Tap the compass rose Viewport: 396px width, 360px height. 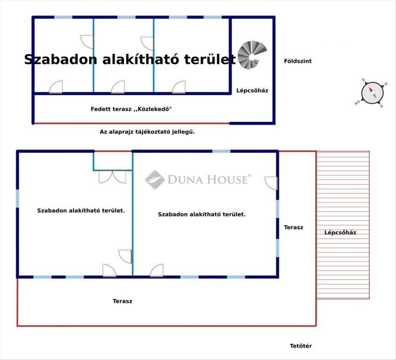[372, 93]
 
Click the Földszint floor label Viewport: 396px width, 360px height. [298, 61]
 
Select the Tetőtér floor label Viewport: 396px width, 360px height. [301, 346]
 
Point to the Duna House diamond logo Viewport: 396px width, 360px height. [155, 180]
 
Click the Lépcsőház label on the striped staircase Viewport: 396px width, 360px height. [340, 233]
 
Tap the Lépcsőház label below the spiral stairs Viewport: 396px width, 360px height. [252, 90]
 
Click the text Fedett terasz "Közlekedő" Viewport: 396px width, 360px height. [131, 109]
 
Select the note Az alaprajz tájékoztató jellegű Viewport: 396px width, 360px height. [147, 132]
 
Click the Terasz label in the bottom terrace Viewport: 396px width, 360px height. [122, 301]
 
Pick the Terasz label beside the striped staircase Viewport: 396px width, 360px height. [293, 228]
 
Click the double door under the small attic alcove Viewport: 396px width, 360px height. [112, 177]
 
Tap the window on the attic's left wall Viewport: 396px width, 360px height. [17, 199]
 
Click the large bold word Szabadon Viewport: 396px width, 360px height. [60, 60]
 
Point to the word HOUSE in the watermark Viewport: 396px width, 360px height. [227, 180]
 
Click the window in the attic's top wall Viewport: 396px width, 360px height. [221, 151]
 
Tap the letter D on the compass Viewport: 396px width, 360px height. [382, 106]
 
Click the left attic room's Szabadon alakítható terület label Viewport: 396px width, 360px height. [81, 211]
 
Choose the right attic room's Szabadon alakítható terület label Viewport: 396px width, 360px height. [202, 214]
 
